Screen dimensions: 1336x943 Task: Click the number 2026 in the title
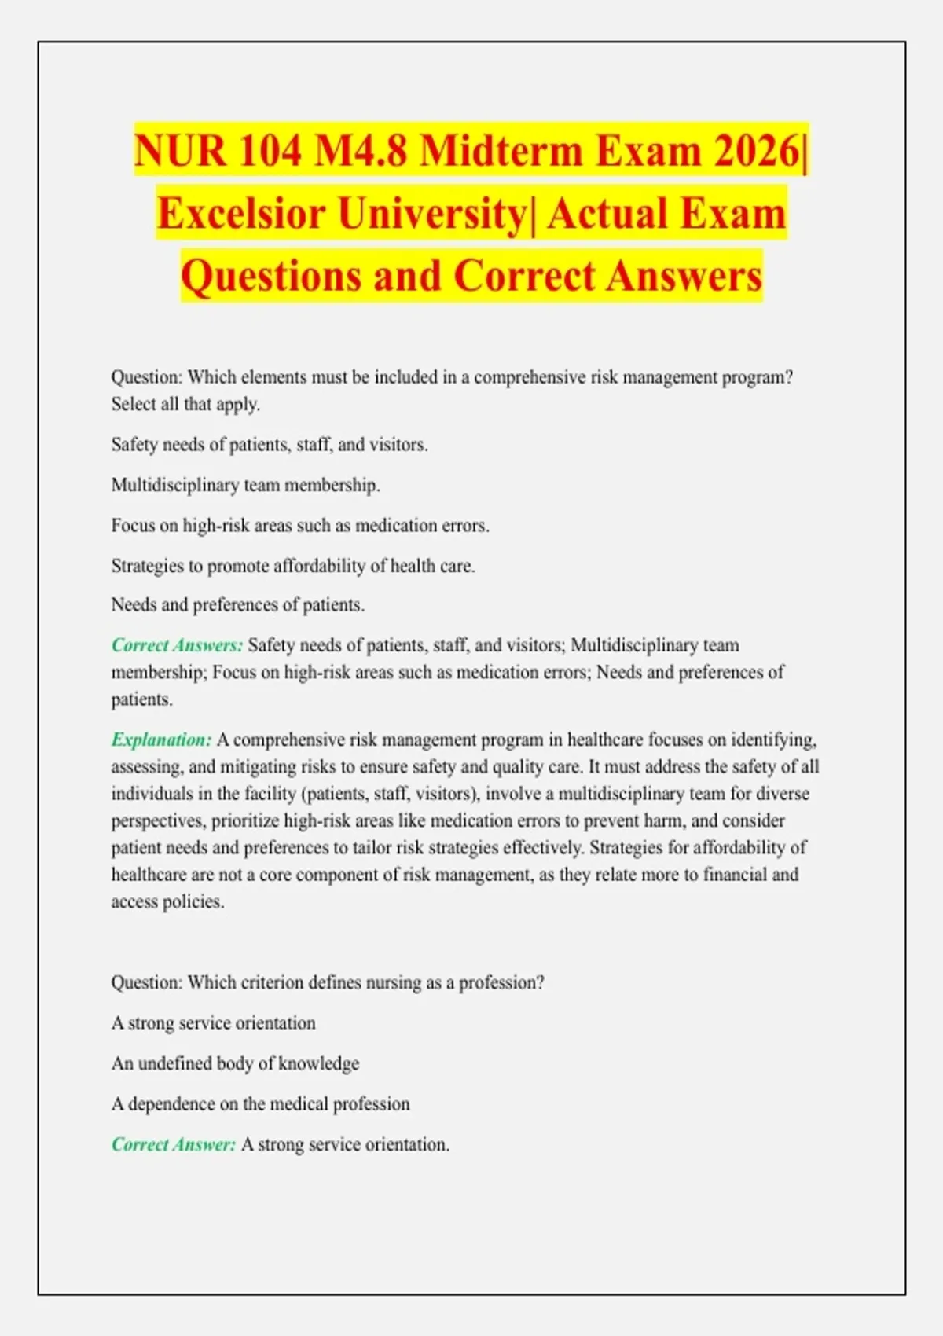click(x=756, y=149)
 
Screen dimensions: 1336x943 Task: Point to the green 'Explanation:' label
click(x=161, y=740)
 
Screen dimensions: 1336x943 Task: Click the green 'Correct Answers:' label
click(x=177, y=645)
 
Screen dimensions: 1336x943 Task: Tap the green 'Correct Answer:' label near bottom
click(x=173, y=1144)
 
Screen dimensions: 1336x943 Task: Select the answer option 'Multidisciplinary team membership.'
click(x=245, y=485)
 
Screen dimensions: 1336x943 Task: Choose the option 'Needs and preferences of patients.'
click(x=237, y=605)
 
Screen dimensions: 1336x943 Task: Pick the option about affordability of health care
click(x=292, y=566)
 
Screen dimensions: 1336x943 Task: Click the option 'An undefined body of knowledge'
click(x=235, y=1063)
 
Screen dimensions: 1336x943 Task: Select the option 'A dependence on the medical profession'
click(x=260, y=1104)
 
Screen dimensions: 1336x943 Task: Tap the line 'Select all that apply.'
click(x=185, y=404)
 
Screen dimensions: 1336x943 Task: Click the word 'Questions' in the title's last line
click(x=271, y=276)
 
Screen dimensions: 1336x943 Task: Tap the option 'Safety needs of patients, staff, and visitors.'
click(x=270, y=445)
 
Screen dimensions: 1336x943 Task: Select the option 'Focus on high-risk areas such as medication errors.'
click(x=299, y=525)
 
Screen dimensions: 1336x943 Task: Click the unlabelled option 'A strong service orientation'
click(x=213, y=1023)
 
